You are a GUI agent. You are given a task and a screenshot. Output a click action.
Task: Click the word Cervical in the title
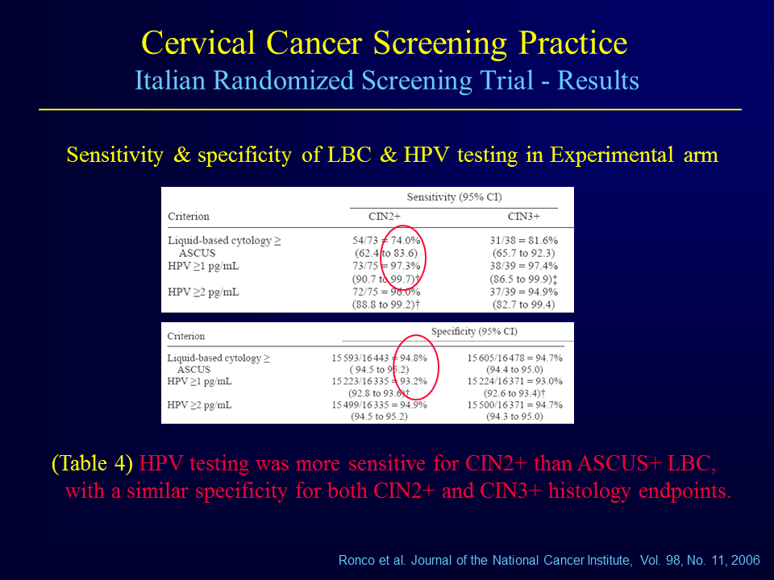coord(198,43)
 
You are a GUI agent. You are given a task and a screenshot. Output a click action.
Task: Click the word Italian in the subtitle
coord(170,81)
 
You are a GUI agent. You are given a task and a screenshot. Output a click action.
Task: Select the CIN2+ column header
coord(385,216)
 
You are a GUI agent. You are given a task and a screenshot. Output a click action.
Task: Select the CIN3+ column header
coord(524,216)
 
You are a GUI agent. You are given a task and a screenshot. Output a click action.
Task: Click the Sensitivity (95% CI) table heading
coord(454,197)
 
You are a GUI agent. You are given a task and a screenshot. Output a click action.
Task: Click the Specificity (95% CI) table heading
coord(474,331)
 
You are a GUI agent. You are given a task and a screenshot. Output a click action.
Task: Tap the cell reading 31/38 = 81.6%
coord(524,240)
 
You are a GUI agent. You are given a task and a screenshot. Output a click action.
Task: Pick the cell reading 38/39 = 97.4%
coord(524,266)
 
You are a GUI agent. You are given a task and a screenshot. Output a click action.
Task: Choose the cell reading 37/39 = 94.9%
coord(524,292)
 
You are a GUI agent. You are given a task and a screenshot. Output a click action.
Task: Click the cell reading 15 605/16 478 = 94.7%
coord(515,358)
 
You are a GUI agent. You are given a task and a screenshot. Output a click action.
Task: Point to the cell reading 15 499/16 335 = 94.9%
coord(379,405)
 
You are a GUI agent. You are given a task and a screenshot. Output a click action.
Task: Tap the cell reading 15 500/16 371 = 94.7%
coord(515,405)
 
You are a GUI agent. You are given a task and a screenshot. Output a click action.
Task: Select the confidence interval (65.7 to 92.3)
coord(524,253)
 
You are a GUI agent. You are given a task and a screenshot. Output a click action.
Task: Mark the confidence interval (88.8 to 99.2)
coord(384,304)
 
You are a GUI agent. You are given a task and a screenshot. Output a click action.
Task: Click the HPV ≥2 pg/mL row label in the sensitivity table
coord(203,292)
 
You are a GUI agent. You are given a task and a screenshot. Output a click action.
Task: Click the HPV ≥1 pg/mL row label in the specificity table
coord(199,381)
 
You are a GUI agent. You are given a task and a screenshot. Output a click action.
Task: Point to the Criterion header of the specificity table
coord(185,336)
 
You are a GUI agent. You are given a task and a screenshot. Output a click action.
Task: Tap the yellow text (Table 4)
coord(92,463)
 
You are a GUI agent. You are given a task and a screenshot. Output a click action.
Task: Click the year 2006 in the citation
coord(745,561)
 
